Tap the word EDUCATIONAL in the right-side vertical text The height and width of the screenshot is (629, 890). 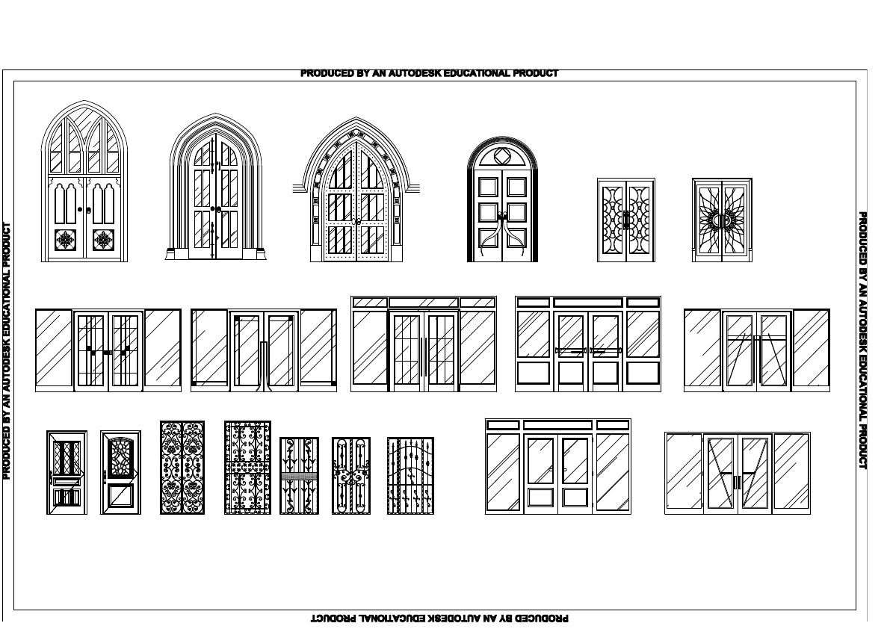coord(862,350)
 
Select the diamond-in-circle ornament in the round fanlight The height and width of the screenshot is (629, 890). coord(502,157)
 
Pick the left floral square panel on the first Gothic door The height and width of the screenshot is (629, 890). coord(67,240)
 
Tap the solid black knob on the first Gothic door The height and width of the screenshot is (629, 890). coord(81,210)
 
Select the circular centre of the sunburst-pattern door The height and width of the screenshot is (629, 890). coord(722,220)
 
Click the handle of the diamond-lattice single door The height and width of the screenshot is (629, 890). coord(51,476)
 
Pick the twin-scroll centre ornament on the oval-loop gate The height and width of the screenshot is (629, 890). coord(350,476)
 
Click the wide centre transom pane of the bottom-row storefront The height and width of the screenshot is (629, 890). coord(557,425)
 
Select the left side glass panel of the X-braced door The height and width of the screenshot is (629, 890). coord(684,472)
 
